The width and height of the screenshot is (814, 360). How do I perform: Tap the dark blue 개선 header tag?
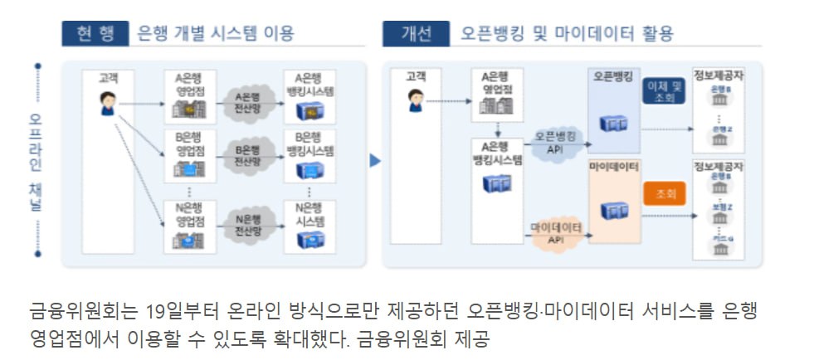tap(416, 34)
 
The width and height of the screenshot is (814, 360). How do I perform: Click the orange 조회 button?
tap(665, 193)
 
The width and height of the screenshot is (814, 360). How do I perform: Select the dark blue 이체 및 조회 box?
tap(665, 92)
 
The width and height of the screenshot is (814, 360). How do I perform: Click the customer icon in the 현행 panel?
tap(107, 105)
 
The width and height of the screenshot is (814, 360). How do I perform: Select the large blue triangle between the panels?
tap(375, 160)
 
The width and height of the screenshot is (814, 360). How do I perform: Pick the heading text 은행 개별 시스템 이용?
tap(210, 34)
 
